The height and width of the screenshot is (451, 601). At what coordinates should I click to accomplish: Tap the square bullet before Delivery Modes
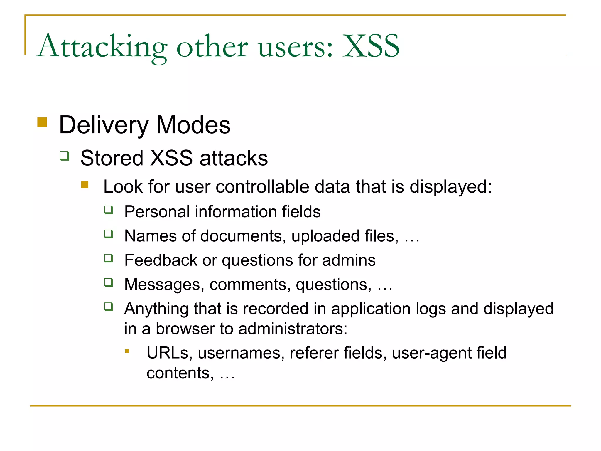tap(42, 122)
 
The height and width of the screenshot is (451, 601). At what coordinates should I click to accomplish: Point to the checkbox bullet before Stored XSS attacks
tap(65, 155)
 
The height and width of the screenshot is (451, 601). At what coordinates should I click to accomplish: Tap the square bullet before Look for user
tap(85, 184)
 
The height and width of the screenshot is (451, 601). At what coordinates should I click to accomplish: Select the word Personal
tap(157, 212)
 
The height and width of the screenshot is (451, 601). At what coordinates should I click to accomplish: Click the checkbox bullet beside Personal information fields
tap(109, 210)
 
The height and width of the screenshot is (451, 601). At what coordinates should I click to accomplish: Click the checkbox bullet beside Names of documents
tap(109, 234)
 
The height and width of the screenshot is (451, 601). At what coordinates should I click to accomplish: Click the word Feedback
tap(161, 260)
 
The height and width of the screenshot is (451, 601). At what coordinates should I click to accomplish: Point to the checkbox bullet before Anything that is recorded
tap(109, 307)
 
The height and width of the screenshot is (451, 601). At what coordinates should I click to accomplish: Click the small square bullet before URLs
tap(127, 351)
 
